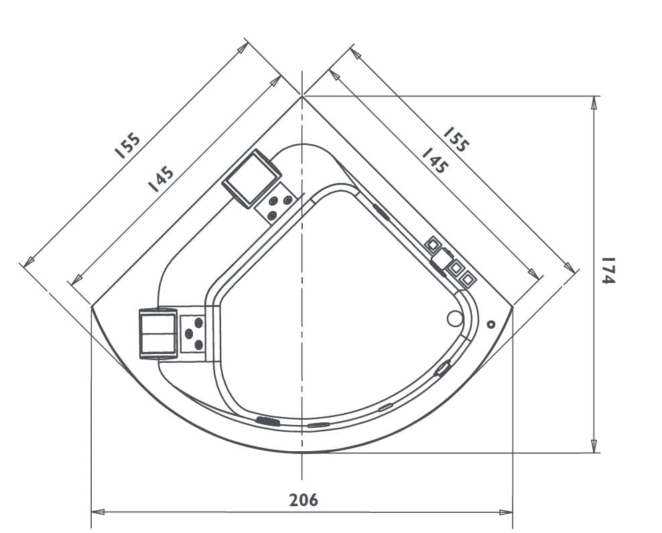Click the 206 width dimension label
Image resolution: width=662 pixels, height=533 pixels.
pyautogui.click(x=304, y=499)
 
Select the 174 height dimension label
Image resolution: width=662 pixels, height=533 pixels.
pyautogui.click(x=607, y=270)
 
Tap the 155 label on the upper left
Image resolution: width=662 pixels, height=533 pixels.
pyautogui.click(x=127, y=145)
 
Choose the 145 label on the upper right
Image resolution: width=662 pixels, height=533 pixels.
pyautogui.click(x=434, y=161)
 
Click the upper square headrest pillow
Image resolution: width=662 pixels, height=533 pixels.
pyautogui.click(x=251, y=178)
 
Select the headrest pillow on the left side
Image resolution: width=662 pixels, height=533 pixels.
pyautogui.click(x=157, y=334)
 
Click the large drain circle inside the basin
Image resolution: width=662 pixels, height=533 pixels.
pyautogui.click(x=455, y=319)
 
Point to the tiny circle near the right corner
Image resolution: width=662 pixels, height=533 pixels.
pyautogui.click(x=491, y=324)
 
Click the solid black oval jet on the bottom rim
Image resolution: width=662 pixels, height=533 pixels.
pyautogui.click(x=267, y=421)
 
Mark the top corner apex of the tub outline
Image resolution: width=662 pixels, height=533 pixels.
pyautogui.click(x=303, y=97)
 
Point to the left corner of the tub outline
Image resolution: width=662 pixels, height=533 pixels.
pyautogui.click(x=91, y=306)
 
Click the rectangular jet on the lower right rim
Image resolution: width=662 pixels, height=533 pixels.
pyautogui.click(x=443, y=368)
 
